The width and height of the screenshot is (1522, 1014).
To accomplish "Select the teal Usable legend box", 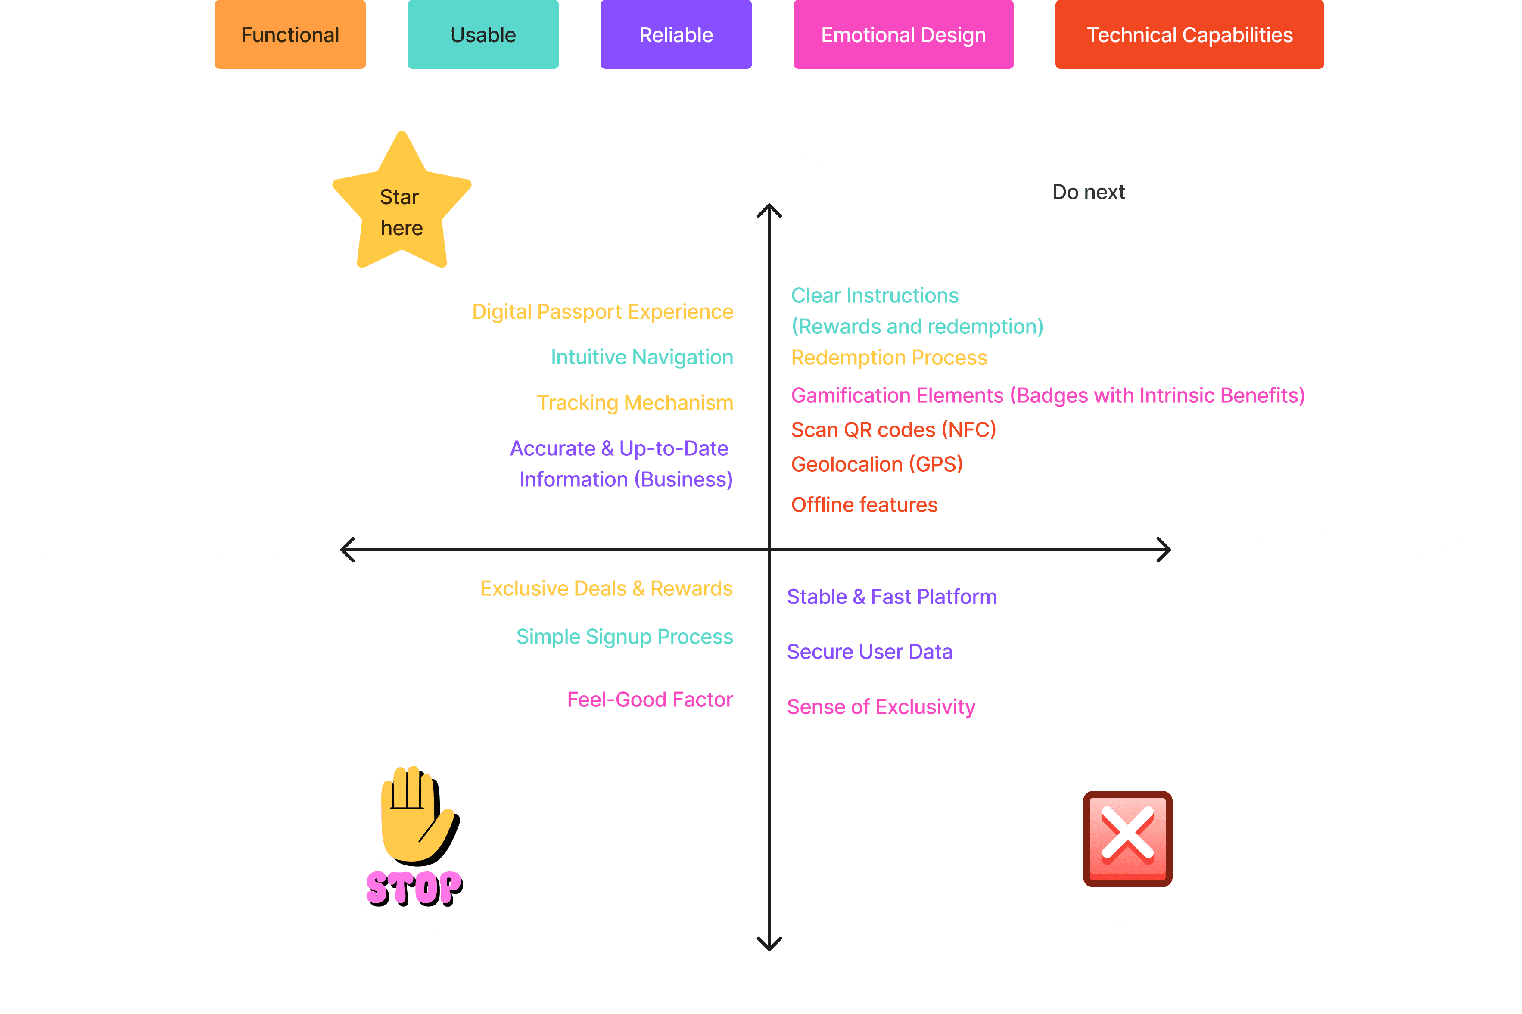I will (483, 35).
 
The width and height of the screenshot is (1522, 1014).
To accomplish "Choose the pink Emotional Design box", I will (903, 35).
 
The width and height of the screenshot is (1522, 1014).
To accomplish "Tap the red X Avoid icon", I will (1127, 838).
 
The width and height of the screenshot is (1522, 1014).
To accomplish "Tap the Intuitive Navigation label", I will (641, 357).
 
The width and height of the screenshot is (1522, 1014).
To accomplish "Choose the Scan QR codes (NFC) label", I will (893, 430).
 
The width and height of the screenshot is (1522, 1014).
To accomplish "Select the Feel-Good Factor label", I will (650, 700).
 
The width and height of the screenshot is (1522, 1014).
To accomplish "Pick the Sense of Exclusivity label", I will (881, 707).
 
